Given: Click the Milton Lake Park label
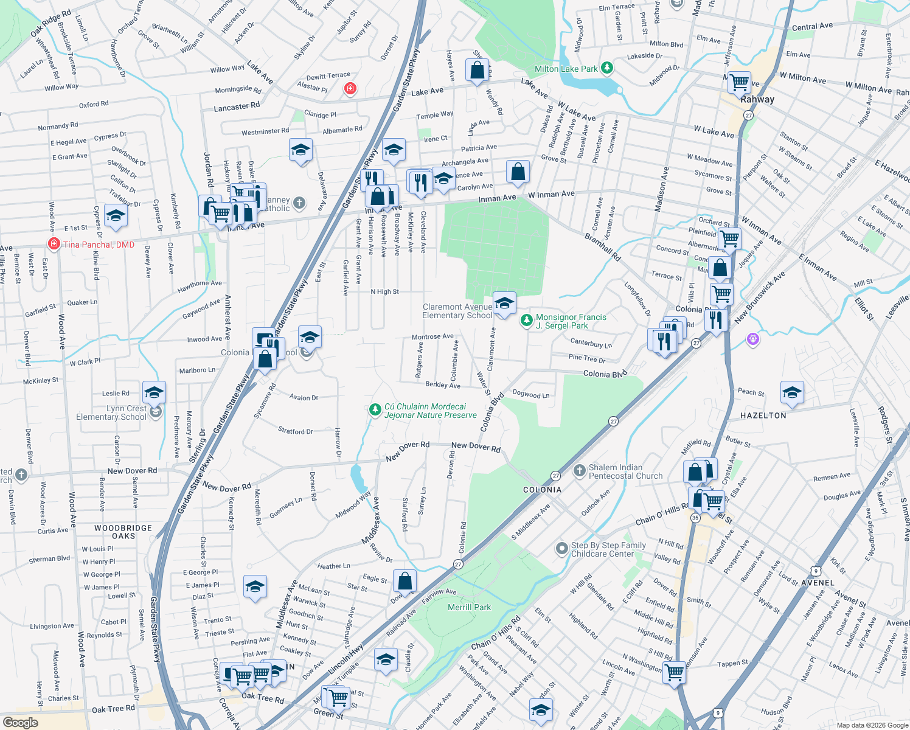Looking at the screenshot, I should [566, 69].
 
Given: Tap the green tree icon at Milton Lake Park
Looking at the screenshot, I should [607, 68].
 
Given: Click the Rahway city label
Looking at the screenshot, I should [757, 99].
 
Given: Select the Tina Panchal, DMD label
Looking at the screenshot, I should [99, 245].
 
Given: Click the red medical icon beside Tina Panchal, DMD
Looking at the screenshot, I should [54, 244].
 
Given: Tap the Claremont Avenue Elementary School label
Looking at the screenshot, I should [457, 311].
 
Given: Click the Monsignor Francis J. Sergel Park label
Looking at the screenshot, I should [571, 321].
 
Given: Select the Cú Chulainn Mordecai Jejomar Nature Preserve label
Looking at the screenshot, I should [430, 411].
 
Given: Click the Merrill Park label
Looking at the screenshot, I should [469, 607].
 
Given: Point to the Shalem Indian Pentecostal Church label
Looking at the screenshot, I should [625, 471].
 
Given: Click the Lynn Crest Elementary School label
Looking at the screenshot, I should [111, 412].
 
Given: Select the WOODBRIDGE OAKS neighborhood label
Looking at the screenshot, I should [123, 532].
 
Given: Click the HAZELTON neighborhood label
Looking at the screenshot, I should [763, 415].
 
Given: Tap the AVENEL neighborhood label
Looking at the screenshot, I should [818, 582].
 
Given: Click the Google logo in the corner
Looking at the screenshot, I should [21, 722].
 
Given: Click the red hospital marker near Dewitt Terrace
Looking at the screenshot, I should [350, 89].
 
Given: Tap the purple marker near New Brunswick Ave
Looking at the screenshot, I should [753, 339].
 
